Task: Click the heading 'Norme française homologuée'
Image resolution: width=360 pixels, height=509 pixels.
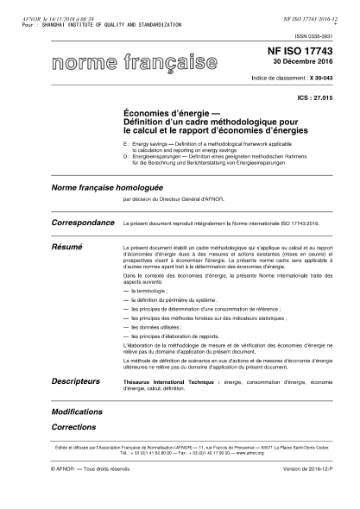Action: pyautogui.click(x=108, y=186)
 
